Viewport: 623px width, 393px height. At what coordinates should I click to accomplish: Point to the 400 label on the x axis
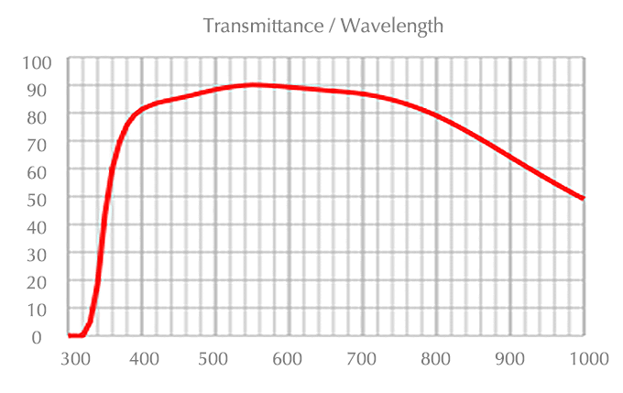pyautogui.click(x=145, y=358)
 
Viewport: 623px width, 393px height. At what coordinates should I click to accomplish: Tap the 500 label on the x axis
pyautogui.click(x=216, y=358)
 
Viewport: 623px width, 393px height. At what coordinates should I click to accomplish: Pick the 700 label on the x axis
pyautogui.click(x=364, y=358)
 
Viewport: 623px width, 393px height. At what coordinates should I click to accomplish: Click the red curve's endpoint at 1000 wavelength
pyautogui.click(x=583, y=198)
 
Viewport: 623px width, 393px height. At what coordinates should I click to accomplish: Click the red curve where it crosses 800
pyautogui.click(x=436, y=116)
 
